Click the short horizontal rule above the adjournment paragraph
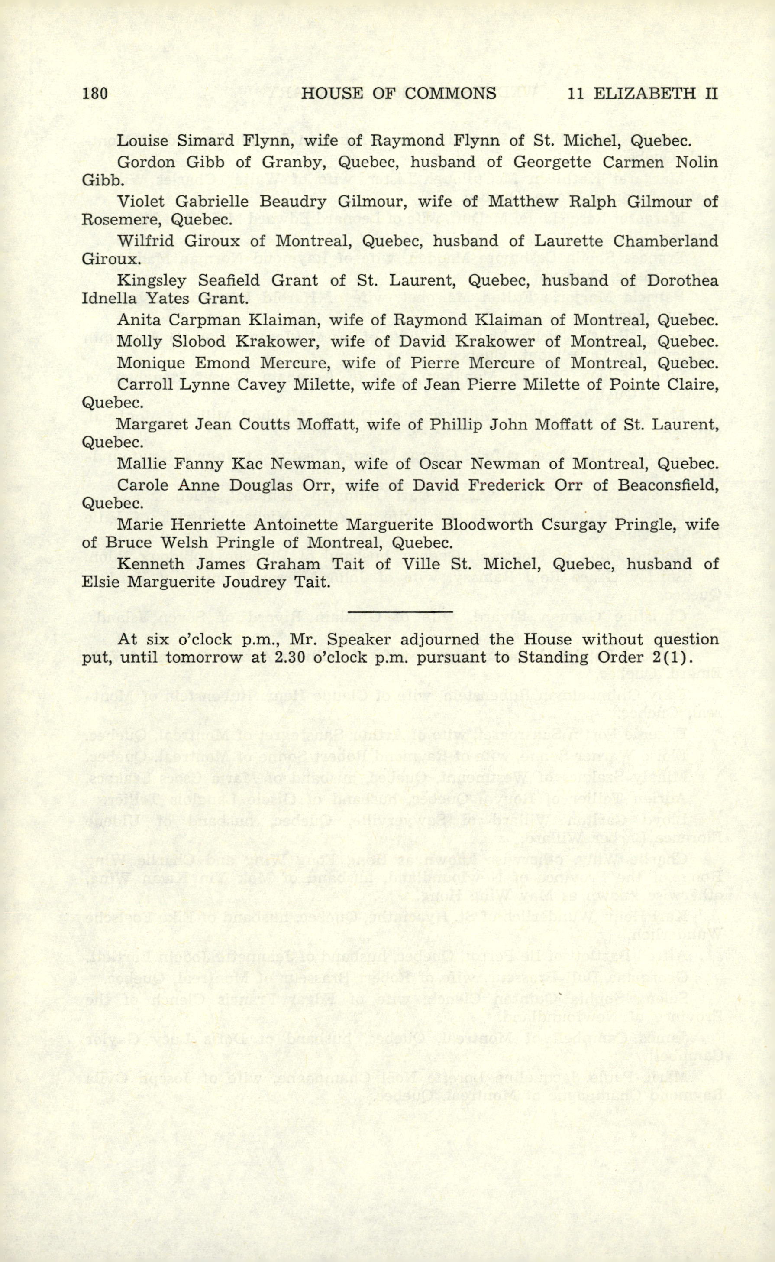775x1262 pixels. coord(400,612)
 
